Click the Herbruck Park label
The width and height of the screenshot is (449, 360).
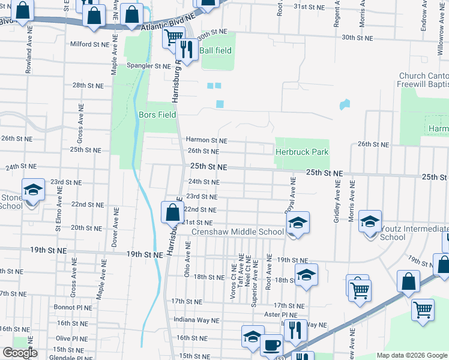click(302, 152)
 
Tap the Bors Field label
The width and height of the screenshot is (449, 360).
click(157, 114)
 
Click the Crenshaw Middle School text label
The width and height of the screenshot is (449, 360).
click(238, 232)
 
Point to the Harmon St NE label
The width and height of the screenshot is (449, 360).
click(206, 140)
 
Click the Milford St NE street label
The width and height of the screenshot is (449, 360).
click(90, 44)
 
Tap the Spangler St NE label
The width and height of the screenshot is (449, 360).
click(148, 66)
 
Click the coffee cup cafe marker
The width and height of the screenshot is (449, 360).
click(271, 346)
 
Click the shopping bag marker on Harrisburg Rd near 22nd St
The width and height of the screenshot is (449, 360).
click(172, 212)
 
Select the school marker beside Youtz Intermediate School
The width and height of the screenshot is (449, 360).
click(370, 221)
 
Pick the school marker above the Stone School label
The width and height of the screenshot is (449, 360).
click(34, 190)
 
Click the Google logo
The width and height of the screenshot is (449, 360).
click(19, 353)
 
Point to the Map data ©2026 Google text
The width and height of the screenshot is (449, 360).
click(411, 355)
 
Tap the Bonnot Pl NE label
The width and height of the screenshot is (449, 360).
click(73, 307)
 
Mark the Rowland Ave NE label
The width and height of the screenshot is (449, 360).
click(28, 57)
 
